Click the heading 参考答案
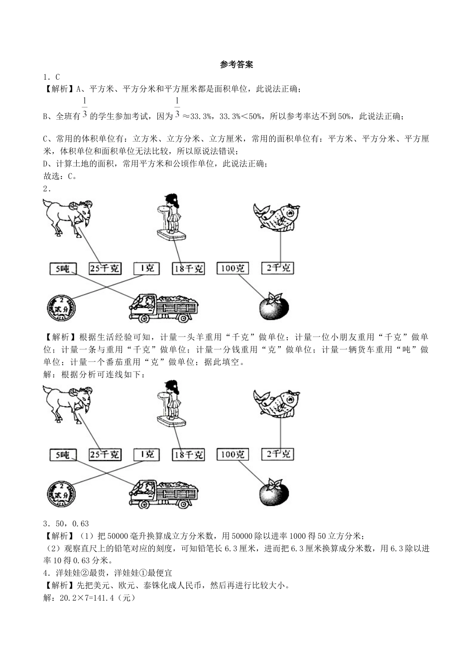(236, 65)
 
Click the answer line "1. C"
(51, 77)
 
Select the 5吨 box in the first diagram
(63, 269)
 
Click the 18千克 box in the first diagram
(188, 269)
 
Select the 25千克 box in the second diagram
(105, 454)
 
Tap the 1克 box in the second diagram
(147, 454)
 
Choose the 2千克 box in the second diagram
(278, 454)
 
